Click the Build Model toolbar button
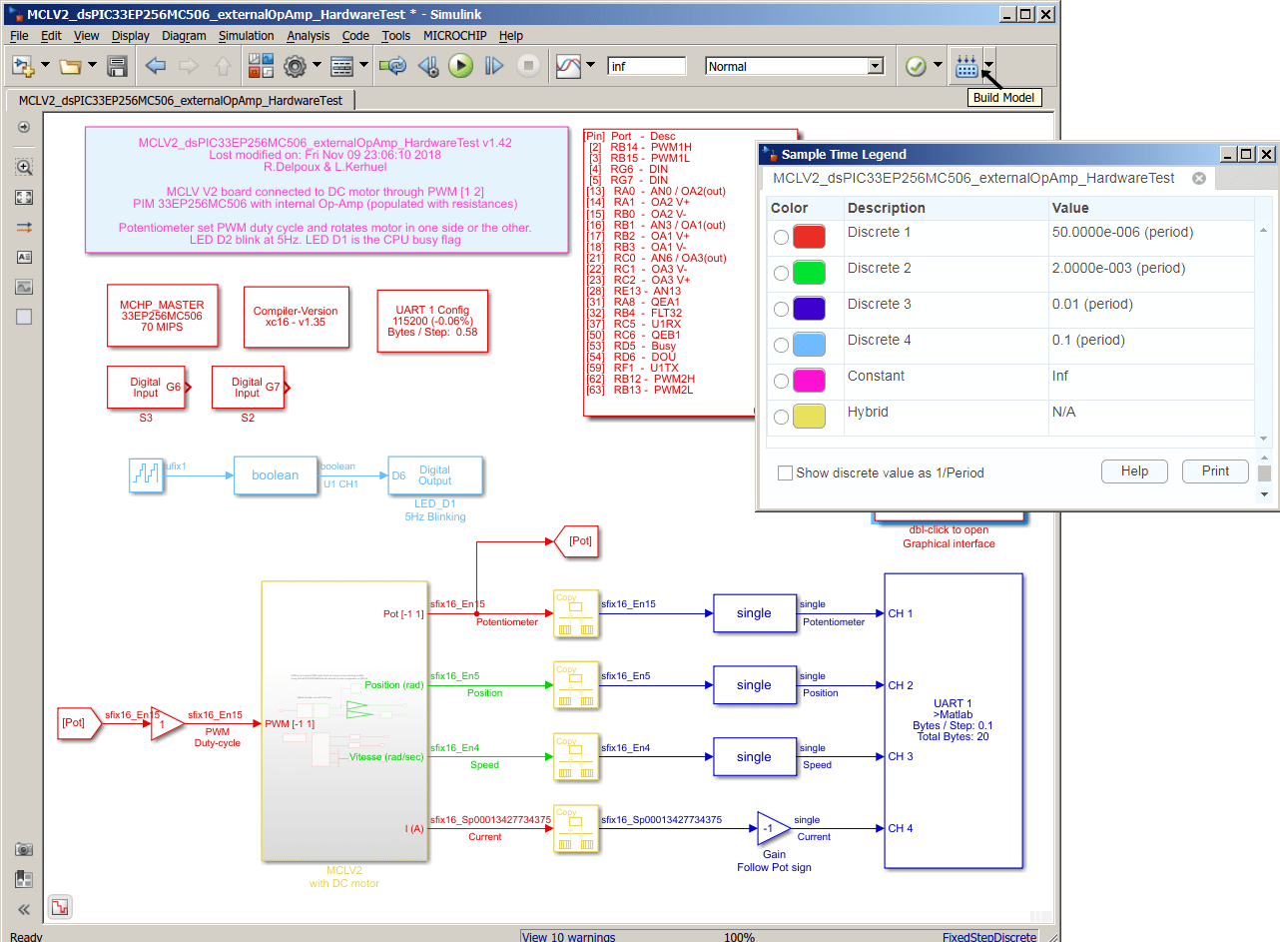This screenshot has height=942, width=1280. tap(965, 66)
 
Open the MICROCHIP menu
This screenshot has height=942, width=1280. tap(454, 35)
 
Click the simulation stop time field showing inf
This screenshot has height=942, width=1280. tap(646, 66)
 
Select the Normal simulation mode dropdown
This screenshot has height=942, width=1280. tap(795, 66)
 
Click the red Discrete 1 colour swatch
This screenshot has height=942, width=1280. tap(809, 237)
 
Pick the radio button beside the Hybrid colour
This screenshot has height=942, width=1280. tap(781, 417)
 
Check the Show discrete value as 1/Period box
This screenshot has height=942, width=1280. tap(786, 472)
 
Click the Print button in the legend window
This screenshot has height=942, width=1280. tap(1215, 471)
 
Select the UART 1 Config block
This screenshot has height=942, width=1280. tap(432, 321)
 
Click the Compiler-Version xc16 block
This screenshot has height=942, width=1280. tap(296, 317)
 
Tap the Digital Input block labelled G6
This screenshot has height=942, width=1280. tap(146, 387)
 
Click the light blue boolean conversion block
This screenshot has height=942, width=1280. tap(275, 475)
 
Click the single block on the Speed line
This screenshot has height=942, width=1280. tap(754, 756)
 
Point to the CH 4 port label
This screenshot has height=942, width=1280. tap(901, 828)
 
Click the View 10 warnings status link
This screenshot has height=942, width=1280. tap(569, 936)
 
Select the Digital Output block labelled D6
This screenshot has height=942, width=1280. tap(434, 475)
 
